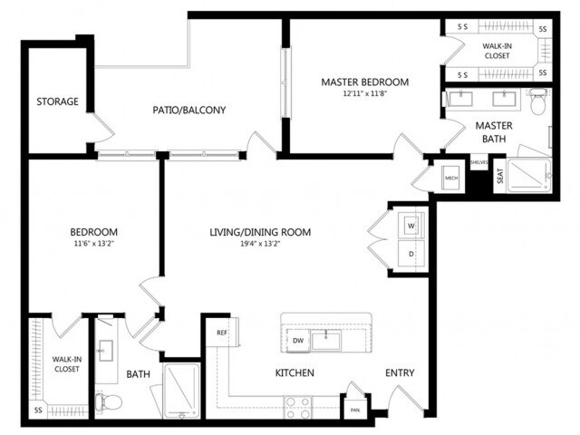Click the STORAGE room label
point(57,101)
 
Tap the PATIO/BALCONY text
point(188,111)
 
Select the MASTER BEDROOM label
point(365,82)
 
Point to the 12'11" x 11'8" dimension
point(365,93)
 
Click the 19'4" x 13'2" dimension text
point(260,244)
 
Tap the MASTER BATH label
point(494,131)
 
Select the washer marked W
point(410,224)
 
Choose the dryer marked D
point(410,255)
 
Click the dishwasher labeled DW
point(298,340)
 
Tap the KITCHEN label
point(295,372)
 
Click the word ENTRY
point(400,372)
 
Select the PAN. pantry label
point(353,409)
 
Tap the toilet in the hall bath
point(106,400)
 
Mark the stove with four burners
point(298,405)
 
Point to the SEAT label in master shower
point(499,178)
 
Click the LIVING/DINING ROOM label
point(260,232)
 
